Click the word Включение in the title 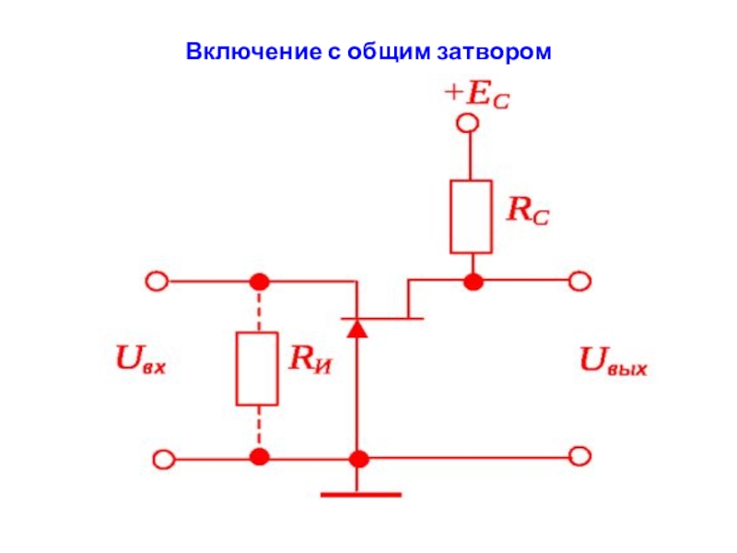[253, 52]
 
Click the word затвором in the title [494, 53]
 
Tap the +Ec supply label [476, 96]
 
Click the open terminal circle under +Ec [468, 124]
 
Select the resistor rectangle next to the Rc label [471, 217]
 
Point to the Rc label [528, 210]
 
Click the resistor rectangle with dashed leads [257, 369]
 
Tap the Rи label [310, 359]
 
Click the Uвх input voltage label [141, 359]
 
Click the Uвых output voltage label [614, 361]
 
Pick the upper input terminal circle [157, 282]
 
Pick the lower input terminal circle [164, 459]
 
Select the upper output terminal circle [579, 281]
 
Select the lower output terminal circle [579, 456]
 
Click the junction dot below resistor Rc [474, 282]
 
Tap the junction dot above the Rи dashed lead [260, 282]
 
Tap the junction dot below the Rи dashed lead [260, 457]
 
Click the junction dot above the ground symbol [359, 458]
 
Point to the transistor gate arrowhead [357, 329]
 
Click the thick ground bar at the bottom [361, 495]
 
